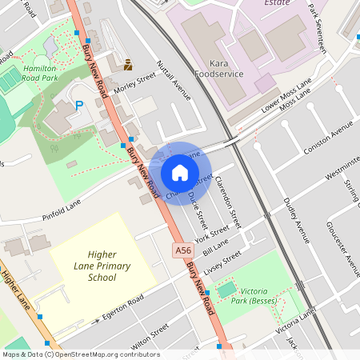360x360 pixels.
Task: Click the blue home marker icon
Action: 180,173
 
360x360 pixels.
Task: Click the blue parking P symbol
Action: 78,105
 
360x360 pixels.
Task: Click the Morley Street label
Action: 134,84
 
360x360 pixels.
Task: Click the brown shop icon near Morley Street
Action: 128,64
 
